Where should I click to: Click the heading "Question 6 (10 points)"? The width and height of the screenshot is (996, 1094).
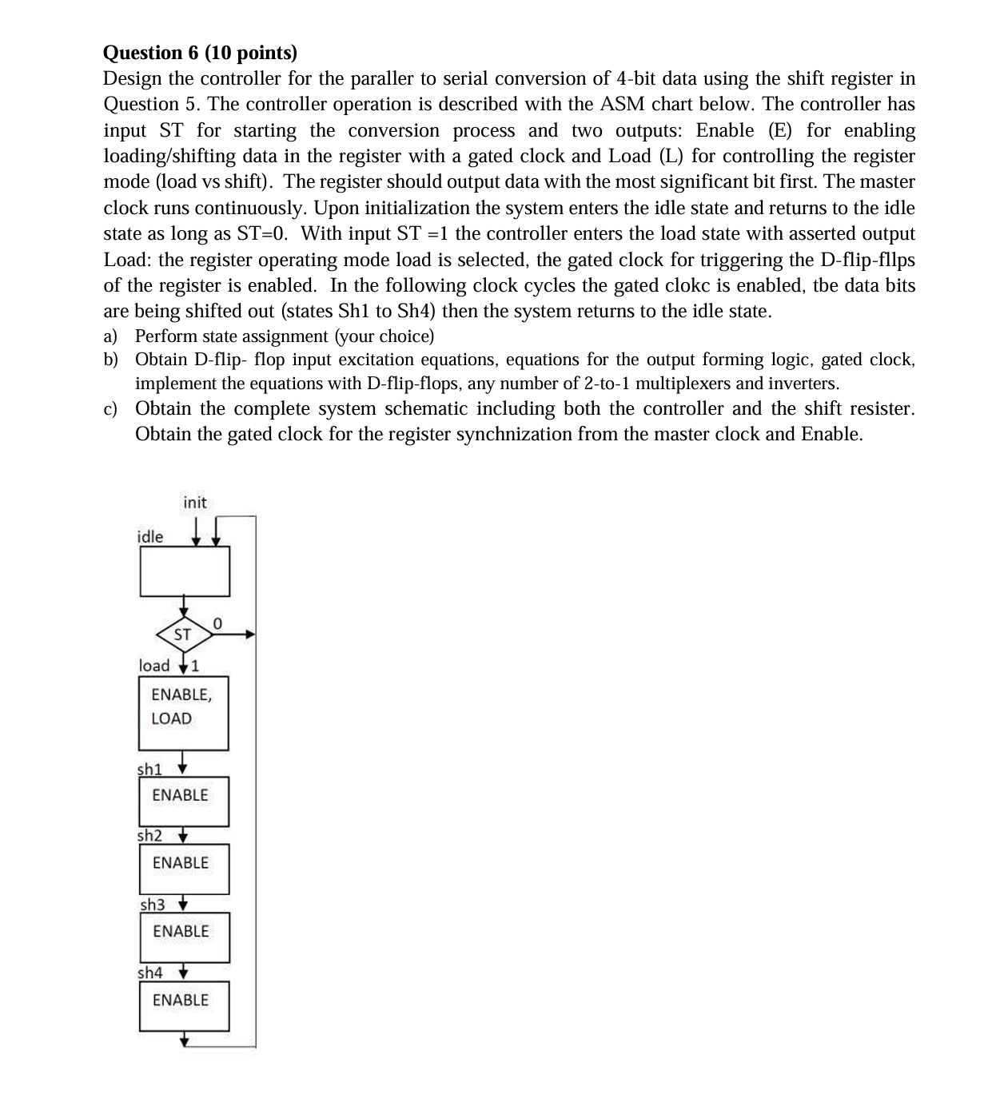200,53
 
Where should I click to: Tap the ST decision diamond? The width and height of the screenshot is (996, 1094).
183,635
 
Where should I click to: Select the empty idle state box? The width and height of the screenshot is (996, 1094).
185,571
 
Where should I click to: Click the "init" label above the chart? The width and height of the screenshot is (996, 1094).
194,503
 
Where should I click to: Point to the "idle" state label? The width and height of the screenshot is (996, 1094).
149,537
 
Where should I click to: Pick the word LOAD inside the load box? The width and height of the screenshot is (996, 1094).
171,718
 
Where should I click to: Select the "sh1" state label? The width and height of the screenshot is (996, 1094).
149,769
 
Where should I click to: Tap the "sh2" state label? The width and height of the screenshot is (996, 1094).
149,836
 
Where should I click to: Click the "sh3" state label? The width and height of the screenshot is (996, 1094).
152,905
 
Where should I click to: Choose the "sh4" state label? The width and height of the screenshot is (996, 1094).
149,973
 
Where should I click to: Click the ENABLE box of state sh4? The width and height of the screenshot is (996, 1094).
184,1004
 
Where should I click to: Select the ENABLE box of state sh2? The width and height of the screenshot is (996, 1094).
184,868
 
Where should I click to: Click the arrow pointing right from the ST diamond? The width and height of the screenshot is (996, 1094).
236,635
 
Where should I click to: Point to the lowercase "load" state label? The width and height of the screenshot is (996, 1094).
154,666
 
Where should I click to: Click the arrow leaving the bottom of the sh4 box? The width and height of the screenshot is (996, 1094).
185,1039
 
